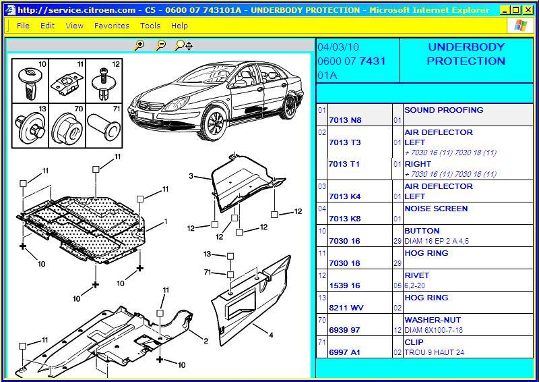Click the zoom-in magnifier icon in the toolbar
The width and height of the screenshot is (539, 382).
click(x=139, y=45)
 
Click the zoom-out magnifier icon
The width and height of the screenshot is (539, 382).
click(x=160, y=45)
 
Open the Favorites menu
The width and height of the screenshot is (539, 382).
click(x=112, y=26)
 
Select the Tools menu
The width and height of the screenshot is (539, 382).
click(x=150, y=26)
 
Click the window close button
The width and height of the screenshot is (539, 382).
click(x=528, y=10)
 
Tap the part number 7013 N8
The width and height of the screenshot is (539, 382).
click(x=345, y=120)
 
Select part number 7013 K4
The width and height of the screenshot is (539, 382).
click(x=345, y=196)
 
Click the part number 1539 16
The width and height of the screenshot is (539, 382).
click(x=344, y=285)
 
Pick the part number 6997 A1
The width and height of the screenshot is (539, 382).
click(x=344, y=352)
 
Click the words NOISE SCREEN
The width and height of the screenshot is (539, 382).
click(x=436, y=209)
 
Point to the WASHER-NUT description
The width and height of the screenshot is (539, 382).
click(x=433, y=320)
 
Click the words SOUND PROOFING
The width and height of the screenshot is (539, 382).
click(x=444, y=110)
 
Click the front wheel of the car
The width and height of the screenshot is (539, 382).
click(x=214, y=122)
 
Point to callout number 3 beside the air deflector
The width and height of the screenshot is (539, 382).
click(x=191, y=176)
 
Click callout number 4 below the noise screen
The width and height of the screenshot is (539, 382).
click(x=271, y=335)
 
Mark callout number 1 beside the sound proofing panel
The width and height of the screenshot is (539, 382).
click(x=166, y=221)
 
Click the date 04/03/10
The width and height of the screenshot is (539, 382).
click(x=338, y=47)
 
